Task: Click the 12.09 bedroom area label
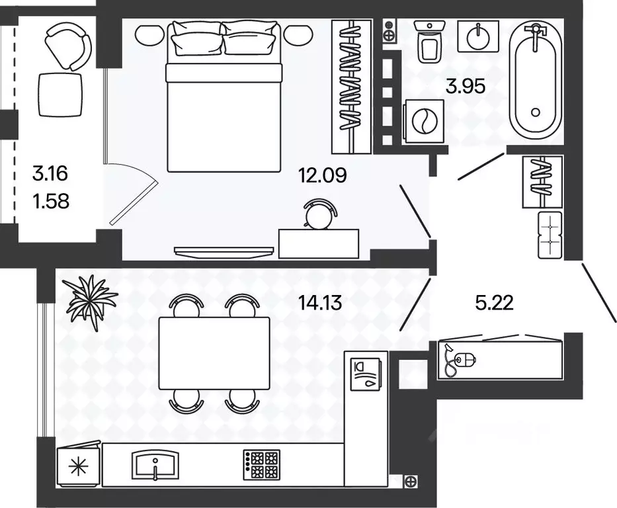[323, 177]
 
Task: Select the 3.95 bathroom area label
[466, 86]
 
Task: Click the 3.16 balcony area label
[51, 175]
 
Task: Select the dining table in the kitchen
[214, 353]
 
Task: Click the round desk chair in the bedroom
[321, 215]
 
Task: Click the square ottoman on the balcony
[60, 95]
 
